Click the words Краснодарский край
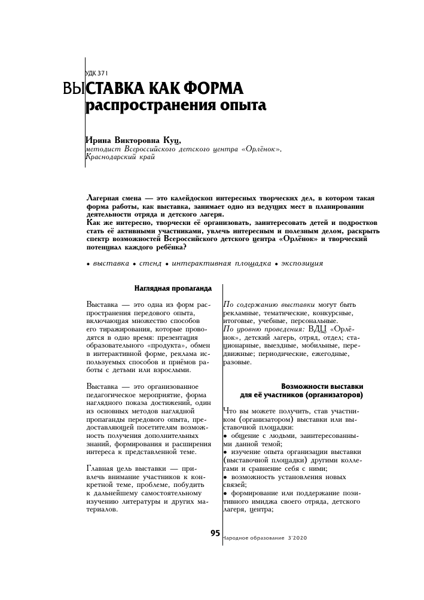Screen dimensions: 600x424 (121, 157)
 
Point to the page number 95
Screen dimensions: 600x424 (215, 534)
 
